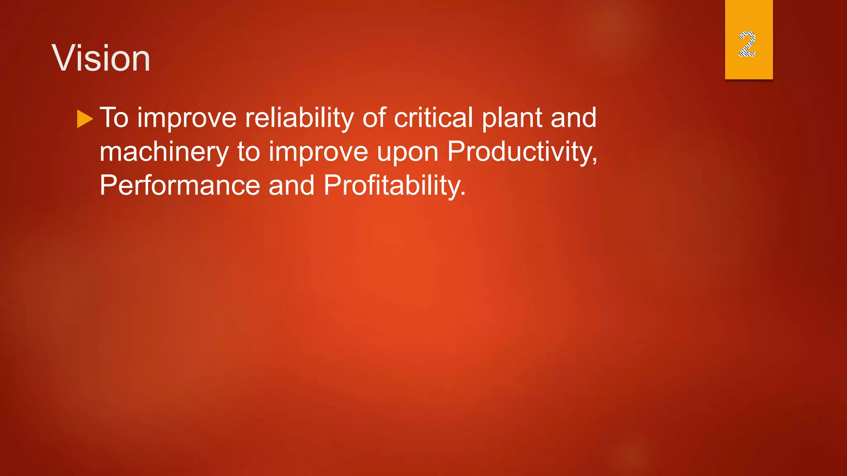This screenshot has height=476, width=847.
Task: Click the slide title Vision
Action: coord(101,59)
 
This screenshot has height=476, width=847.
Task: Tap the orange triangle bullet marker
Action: coord(84,119)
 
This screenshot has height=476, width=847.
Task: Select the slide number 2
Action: coord(747,44)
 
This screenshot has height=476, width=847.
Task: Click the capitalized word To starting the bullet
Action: coord(114,118)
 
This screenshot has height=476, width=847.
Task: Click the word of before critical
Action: coord(374,118)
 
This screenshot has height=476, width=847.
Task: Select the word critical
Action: coord(433,118)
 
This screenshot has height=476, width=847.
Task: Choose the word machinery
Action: coord(164,152)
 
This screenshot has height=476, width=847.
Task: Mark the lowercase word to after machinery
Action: coord(249,152)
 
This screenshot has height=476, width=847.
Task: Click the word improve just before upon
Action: coord(318,152)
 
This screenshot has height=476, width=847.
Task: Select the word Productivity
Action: coord(519,152)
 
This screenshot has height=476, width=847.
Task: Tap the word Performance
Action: coord(179,186)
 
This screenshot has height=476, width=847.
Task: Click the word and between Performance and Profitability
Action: coord(292,186)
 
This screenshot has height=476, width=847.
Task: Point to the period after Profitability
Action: coord(463,195)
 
